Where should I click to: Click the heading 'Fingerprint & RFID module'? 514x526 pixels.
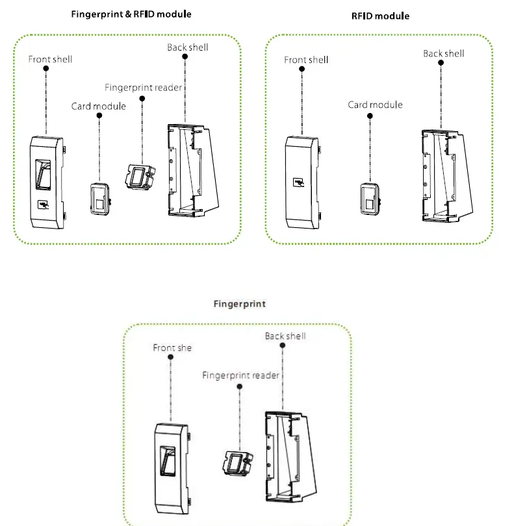131,14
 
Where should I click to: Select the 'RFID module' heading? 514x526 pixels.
381,16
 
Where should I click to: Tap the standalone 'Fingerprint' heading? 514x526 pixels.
240,304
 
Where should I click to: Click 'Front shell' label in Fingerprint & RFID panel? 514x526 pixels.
50,59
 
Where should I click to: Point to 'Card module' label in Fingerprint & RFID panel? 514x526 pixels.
99,106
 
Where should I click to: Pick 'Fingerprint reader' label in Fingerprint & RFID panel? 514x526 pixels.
144,87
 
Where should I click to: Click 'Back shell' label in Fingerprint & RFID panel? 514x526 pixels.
187,47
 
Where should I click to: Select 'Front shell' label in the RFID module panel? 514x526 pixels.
306,60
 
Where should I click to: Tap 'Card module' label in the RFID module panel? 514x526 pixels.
375,105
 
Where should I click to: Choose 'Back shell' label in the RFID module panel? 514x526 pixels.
443,53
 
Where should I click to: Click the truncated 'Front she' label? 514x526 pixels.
172,348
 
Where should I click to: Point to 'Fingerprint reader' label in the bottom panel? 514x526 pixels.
240,375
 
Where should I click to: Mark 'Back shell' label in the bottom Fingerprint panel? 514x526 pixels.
285,336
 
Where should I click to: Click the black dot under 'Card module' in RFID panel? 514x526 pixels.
370,116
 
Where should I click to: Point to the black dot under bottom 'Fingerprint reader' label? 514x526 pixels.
240,386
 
